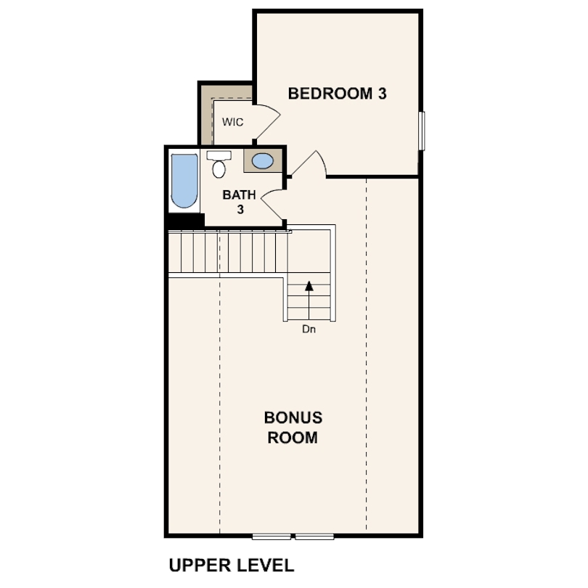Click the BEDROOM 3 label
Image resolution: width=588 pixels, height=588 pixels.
[x=337, y=94]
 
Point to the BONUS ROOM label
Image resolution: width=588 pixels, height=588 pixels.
[x=293, y=428]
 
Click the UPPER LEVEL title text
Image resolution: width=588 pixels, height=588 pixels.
[x=231, y=565]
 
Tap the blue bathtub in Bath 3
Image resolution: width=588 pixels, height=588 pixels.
[x=184, y=180]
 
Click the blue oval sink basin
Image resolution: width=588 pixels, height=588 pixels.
[x=262, y=161]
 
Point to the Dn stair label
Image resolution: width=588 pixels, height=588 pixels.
[x=309, y=329]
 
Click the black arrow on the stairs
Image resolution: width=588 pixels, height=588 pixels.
[x=309, y=286]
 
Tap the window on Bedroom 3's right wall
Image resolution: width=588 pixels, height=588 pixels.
[x=422, y=131]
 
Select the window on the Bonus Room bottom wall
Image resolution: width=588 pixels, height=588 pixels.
[x=295, y=536]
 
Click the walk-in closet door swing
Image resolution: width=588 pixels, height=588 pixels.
[x=265, y=121]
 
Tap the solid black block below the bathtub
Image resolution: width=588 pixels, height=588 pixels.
[x=184, y=220]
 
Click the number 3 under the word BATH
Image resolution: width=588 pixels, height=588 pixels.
[x=238, y=209]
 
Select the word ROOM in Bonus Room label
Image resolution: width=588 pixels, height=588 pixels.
[x=293, y=438]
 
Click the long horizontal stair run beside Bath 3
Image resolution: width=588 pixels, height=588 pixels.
[x=228, y=253]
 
